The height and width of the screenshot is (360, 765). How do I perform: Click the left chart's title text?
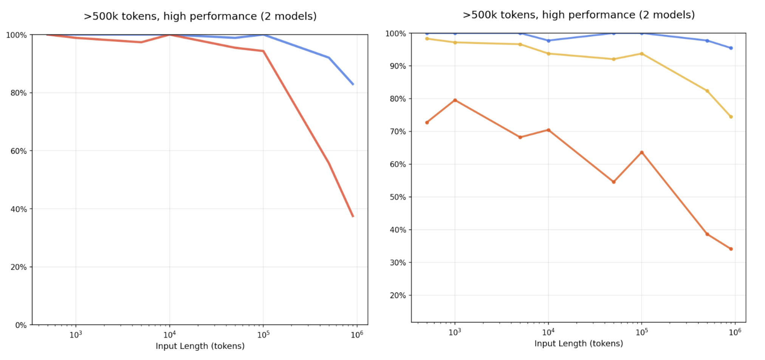200,16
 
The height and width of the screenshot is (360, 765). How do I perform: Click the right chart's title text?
579,15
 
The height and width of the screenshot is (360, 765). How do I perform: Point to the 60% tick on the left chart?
19,151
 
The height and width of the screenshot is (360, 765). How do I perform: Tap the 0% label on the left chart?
21,325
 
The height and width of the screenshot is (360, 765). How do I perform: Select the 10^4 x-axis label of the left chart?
169,335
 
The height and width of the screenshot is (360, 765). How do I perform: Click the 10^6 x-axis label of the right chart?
735,332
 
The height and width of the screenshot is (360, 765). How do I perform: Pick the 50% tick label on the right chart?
398,197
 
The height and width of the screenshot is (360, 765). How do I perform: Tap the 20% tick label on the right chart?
398,296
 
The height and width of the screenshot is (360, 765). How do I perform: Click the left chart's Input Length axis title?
200,346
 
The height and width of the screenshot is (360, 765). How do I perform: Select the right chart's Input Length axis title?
579,343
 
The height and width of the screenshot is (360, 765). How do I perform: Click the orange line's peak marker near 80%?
455,100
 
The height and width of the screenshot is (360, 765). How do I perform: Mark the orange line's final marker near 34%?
731,249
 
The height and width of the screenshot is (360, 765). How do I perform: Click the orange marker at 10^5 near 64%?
641,153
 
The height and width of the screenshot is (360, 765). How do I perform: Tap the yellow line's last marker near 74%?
731,117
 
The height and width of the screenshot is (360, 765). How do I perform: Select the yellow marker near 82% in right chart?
707,91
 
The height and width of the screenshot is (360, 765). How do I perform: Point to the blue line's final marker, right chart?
731,48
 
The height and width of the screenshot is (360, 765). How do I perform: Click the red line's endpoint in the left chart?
353,216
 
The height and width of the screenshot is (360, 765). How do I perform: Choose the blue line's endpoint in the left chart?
353,84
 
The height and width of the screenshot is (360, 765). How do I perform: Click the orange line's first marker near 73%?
427,123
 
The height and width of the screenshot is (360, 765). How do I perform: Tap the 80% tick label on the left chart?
19,93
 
